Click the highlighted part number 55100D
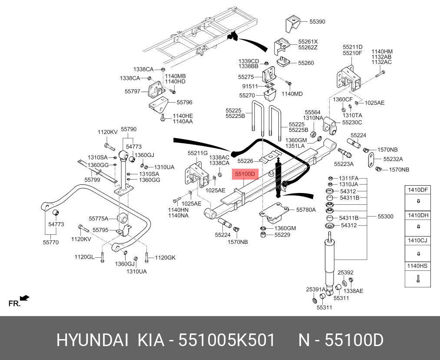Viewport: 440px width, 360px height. tap(245, 174)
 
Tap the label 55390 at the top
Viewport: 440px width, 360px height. tap(317, 21)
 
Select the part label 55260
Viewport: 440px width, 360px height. tap(306, 63)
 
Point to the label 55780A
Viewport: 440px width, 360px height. tap(306, 210)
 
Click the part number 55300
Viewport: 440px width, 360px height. tap(385, 217)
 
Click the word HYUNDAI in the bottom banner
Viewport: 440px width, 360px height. tap(92, 340)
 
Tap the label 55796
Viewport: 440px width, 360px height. tap(184, 103)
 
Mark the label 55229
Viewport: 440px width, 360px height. tap(282, 235)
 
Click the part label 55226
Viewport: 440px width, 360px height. tap(245, 161)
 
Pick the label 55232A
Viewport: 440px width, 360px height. tap(393, 159)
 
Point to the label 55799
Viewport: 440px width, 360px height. tap(92, 180)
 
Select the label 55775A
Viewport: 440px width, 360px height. tap(98, 219)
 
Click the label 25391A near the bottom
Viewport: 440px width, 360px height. tap(316, 290)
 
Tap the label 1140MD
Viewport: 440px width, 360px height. tap(292, 94)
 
